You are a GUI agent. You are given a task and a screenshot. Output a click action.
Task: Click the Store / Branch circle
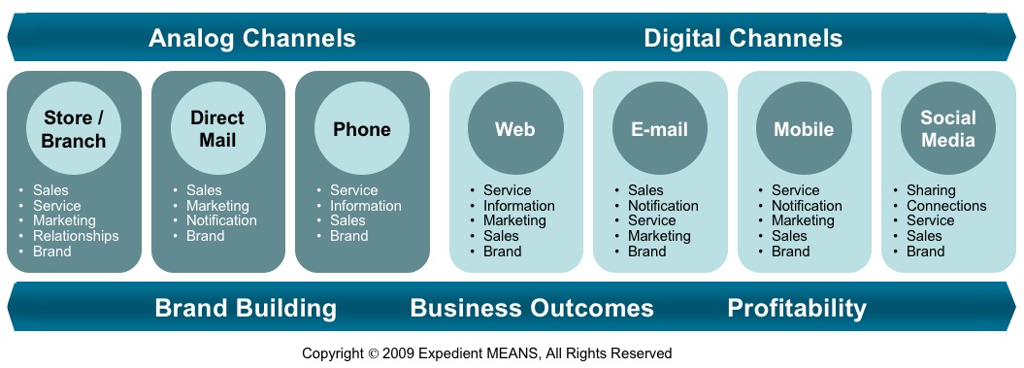[x=74, y=129]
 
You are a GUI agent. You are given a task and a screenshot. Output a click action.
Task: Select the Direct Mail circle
[x=217, y=129]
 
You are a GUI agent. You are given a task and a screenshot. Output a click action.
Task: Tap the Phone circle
[x=362, y=129]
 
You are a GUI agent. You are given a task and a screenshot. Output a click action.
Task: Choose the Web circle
[x=515, y=129]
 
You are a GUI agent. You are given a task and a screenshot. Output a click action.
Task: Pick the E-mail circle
[x=660, y=129]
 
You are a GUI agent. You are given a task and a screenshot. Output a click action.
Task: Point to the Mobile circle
[x=804, y=129]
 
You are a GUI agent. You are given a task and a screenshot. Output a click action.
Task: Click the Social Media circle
[x=947, y=129]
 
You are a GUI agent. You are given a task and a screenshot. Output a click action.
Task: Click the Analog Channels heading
[x=252, y=38]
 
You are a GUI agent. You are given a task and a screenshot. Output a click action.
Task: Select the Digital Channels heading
[x=743, y=38]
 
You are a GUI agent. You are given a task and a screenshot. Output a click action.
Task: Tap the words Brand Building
[x=246, y=308]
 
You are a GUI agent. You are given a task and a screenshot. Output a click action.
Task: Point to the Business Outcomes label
[x=532, y=308]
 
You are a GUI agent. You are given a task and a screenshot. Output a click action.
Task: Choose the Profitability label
[x=797, y=308]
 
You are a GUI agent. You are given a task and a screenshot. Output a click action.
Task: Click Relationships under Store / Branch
[x=76, y=235]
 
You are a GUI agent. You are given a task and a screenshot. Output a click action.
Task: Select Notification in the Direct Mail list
[x=221, y=220]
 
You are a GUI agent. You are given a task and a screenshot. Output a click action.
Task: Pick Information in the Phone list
[x=366, y=205]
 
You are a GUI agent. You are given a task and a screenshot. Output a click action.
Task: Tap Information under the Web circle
[x=519, y=205]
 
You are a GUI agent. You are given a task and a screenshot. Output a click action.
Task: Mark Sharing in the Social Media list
[x=931, y=191]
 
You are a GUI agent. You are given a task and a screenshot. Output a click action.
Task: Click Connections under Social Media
[x=946, y=205]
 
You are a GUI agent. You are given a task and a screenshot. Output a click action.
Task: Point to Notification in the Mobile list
[x=807, y=205]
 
